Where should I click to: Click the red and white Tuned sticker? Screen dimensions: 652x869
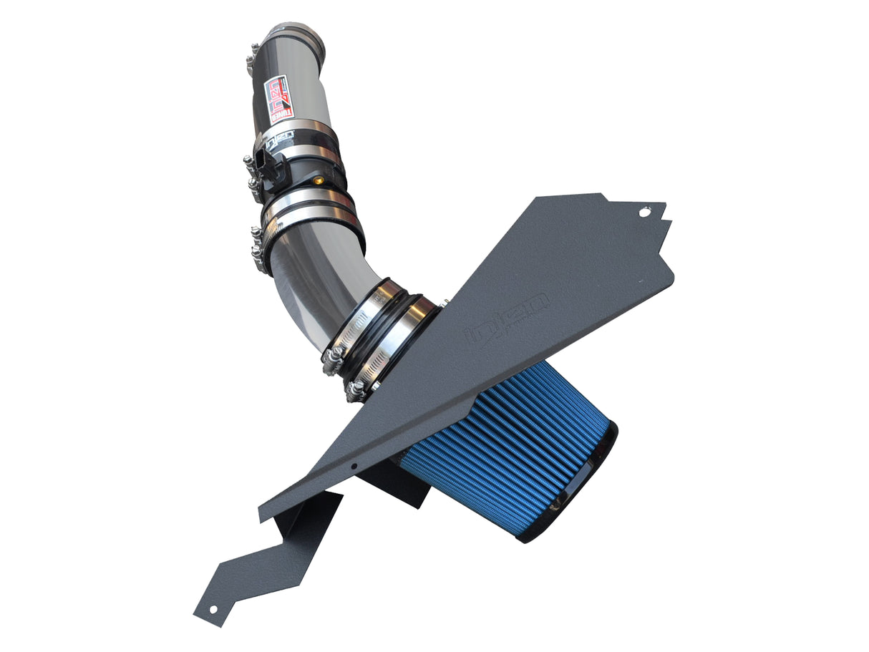[x=279, y=99]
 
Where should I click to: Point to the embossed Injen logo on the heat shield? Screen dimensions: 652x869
[x=508, y=315]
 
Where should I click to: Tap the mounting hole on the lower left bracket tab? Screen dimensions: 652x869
[x=212, y=610]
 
